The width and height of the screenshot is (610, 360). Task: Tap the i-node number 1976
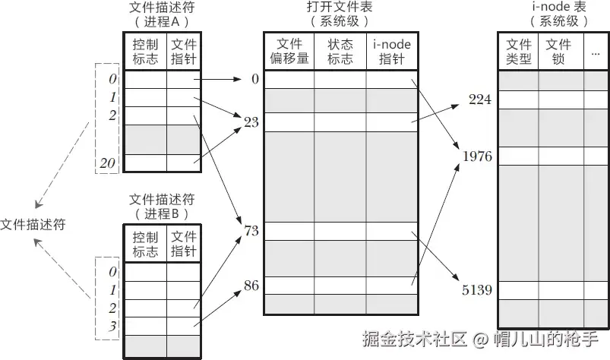pos(477,156)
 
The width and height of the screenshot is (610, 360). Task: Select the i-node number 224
pos(480,99)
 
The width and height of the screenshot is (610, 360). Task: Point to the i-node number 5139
pos(477,289)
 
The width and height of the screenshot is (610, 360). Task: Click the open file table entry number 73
pos(251,229)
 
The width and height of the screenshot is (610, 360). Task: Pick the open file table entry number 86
pos(251,286)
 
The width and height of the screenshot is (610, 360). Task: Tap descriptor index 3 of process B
pos(112,325)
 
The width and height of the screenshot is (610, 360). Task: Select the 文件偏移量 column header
pos(289,51)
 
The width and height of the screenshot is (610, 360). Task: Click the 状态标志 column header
pos(340,51)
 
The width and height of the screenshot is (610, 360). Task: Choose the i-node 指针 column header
pos(392,51)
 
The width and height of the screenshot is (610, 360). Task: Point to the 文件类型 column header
pos(519,51)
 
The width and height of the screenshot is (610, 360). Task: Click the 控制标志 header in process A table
pos(145,51)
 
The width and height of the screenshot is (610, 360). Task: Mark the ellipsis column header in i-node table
pos(595,52)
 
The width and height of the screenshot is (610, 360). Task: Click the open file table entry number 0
pos(254,78)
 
